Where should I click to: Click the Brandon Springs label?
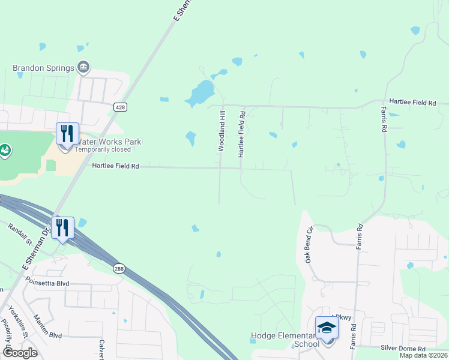click(x=43, y=68)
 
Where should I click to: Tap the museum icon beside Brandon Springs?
click(x=83, y=67)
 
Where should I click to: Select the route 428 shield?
click(x=120, y=107)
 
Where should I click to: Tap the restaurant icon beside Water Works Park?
click(x=67, y=133)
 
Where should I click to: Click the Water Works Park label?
click(x=108, y=142)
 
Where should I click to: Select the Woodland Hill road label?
click(x=221, y=130)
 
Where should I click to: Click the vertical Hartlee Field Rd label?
click(x=242, y=134)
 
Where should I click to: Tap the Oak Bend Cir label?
click(x=310, y=244)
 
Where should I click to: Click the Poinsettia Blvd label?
click(x=47, y=281)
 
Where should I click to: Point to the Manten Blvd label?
click(x=48, y=327)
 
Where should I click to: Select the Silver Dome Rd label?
click(x=403, y=348)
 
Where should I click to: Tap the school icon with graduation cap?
click(x=327, y=328)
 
